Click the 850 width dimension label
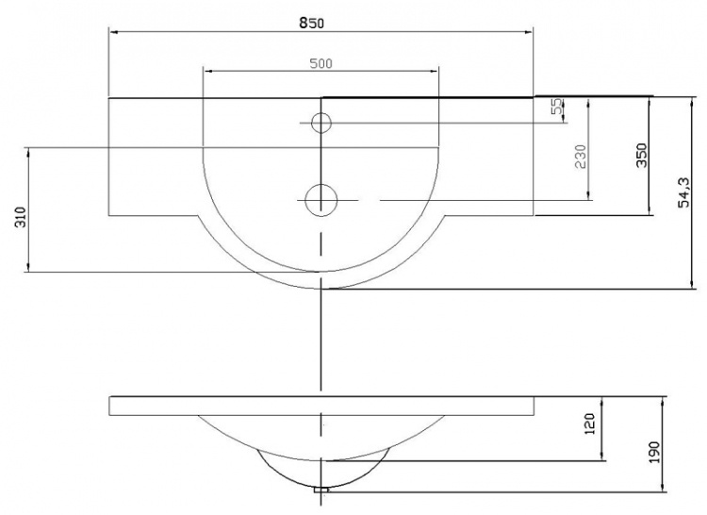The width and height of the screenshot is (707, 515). [311, 23]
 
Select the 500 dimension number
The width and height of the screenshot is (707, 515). [321, 64]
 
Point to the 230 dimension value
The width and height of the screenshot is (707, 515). [582, 156]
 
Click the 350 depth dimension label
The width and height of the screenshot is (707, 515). [642, 155]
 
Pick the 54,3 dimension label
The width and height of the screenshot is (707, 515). [684, 192]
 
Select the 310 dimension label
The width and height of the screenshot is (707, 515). [22, 217]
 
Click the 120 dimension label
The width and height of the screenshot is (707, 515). [590, 424]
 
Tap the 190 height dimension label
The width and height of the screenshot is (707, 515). [654, 452]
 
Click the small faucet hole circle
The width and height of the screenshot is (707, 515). [321, 123]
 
